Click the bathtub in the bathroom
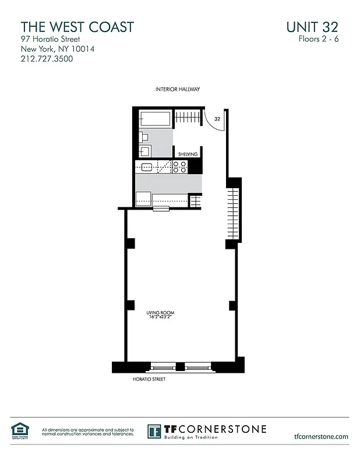[x=155, y=119]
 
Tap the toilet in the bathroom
[x=144, y=137]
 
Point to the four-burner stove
[x=180, y=167]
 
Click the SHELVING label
[x=188, y=154]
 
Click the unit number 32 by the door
[x=217, y=118]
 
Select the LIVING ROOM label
[x=160, y=313]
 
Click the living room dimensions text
[x=160, y=318]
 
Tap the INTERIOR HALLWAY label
[x=178, y=89]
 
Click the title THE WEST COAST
[x=77, y=27]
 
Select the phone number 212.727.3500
[x=47, y=59]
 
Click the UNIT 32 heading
[x=312, y=27]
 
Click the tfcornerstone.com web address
[x=322, y=436]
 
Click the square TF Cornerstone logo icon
[x=154, y=432]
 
